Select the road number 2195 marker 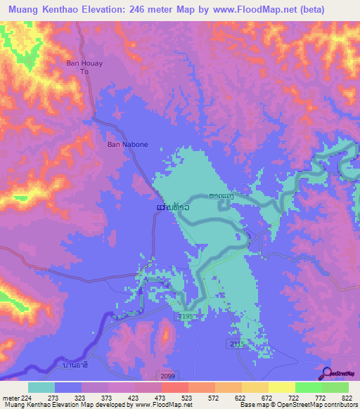[186, 318]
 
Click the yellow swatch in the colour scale [281, 387]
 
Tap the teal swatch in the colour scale [41, 387]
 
